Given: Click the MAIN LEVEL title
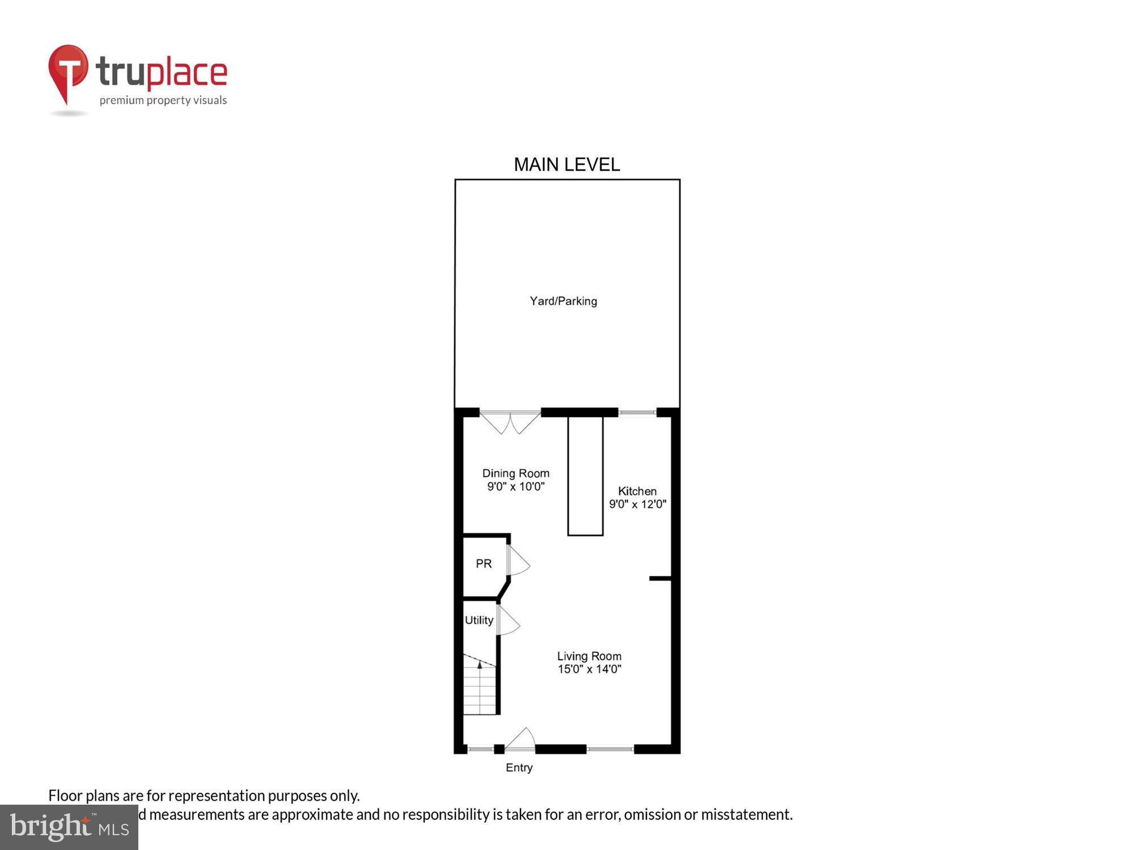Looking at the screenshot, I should pyautogui.click(x=566, y=165).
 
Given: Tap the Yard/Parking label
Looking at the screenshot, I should pyautogui.click(x=563, y=301).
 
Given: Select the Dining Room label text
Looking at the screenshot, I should pyautogui.click(x=515, y=473).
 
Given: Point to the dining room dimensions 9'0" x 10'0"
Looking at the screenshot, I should pyautogui.click(x=515, y=487).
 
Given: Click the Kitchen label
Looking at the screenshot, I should pyautogui.click(x=637, y=491).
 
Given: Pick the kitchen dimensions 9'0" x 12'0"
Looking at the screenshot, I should pyautogui.click(x=637, y=504).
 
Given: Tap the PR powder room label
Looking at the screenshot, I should pyautogui.click(x=484, y=564).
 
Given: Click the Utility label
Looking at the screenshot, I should pyautogui.click(x=479, y=620).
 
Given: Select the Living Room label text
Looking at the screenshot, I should pyautogui.click(x=589, y=656).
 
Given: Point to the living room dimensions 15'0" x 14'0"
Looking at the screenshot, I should pyautogui.click(x=589, y=669).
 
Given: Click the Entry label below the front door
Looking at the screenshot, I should pyautogui.click(x=519, y=768).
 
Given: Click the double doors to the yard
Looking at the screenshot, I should pyautogui.click(x=510, y=422).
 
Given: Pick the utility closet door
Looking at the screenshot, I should pyautogui.click(x=507, y=620).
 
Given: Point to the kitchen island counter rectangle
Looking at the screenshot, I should pyautogui.click(x=585, y=476).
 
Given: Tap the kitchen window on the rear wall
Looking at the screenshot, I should pyautogui.click(x=637, y=413).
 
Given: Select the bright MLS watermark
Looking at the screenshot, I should pyautogui.click(x=69, y=827).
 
